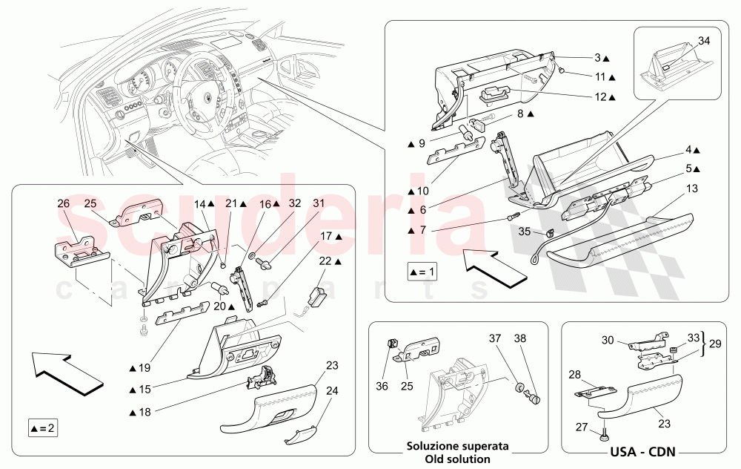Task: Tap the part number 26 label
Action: pyautogui.click(x=63, y=203)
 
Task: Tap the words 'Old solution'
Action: pyautogui.click(x=458, y=459)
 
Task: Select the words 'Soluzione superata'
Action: pyautogui.click(x=457, y=447)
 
